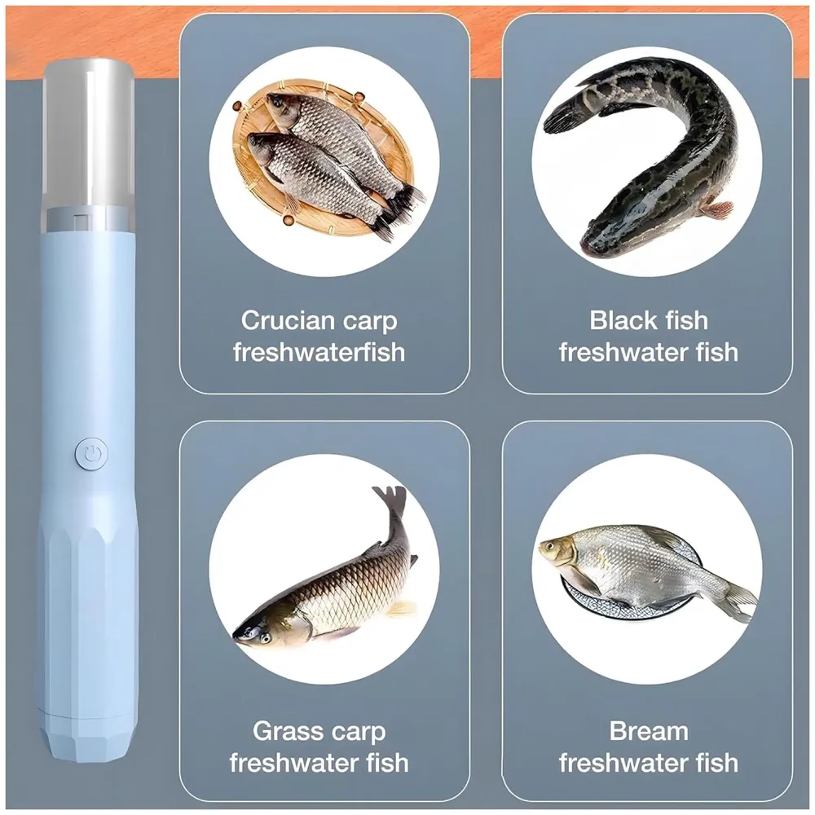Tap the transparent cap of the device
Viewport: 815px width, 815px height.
click(x=90, y=130)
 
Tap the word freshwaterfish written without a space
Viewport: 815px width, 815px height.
click(x=319, y=352)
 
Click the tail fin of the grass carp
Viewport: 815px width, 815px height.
click(x=390, y=498)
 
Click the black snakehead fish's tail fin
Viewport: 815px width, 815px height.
click(x=566, y=114)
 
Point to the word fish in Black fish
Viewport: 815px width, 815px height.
click(x=681, y=320)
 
